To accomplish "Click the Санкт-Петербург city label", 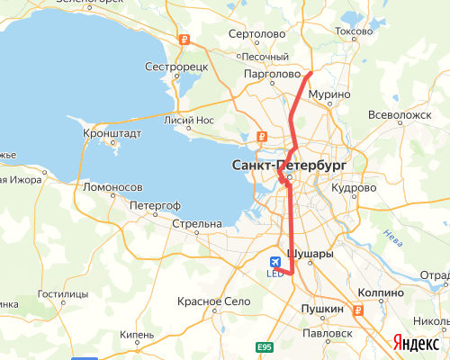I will tap(288, 166).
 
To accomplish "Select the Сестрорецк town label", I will tap(176, 67).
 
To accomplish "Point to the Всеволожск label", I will tap(402, 115).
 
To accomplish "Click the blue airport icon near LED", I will tap(274, 261).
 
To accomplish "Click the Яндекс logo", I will tap(415, 342).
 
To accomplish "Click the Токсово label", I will tap(354, 31).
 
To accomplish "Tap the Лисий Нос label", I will tap(189, 119).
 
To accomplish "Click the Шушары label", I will tap(310, 254).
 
